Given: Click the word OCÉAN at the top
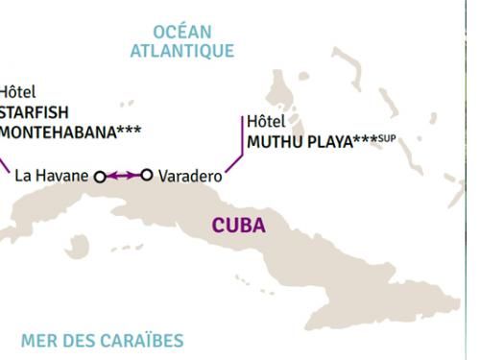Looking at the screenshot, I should click(x=182, y=32).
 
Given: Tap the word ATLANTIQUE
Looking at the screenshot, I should click(x=182, y=50).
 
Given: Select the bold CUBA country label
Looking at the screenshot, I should click(x=239, y=227).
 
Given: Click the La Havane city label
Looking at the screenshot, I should click(x=53, y=176).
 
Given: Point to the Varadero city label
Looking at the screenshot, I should click(x=189, y=176).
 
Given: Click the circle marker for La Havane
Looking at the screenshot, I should click(x=100, y=176).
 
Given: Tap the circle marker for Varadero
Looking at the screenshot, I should click(x=147, y=175).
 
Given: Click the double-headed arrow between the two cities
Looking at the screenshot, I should click(x=123, y=176).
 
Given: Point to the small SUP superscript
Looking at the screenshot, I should click(x=387, y=138).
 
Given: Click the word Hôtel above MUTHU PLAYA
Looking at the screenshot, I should click(x=266, y=122).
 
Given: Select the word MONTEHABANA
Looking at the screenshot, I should click(x=56, y=131).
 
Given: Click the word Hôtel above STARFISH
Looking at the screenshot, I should click(x=16, y=92).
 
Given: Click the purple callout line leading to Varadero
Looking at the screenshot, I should click(x=237, y=144).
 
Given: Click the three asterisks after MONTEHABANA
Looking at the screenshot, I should click(x=130, y=129).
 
